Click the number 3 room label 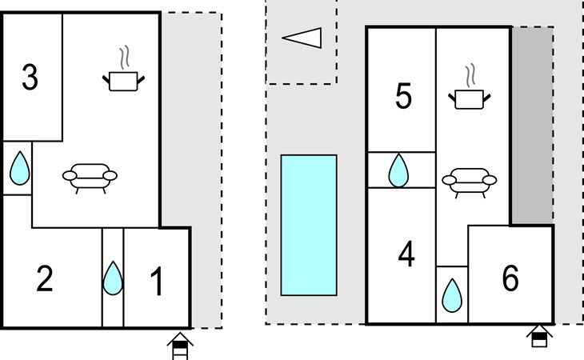[30, 77]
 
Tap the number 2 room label [45, 278]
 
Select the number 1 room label [157, 282]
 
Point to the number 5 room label [404, 96]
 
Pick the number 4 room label [406, 254]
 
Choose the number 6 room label [510, 278]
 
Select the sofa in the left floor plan [90, 178]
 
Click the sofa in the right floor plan [470, 183]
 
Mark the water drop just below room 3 [19, 168]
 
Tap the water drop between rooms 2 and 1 [113, 278]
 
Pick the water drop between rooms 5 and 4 [398, 170]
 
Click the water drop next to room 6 [452, 295]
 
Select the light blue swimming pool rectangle [309, 226]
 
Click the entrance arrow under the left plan [180, 346]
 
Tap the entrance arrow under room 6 [539, 336]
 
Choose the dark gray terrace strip [532, 126]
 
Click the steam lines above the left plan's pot [125, 57]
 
